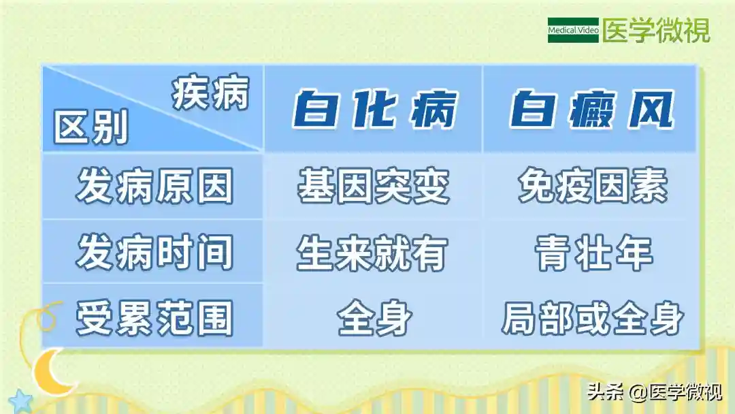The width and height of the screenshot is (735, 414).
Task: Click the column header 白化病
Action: coord(374,110)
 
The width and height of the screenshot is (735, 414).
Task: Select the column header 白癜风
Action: coord(591,110)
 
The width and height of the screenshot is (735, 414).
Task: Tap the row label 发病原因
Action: coord(154,186)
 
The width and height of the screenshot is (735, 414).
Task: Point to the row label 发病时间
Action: coord(154,253)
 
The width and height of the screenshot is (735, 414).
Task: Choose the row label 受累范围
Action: coord(154,319)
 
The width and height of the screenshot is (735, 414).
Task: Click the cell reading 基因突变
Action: coord(374,186)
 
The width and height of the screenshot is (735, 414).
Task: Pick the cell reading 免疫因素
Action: coord(593,186)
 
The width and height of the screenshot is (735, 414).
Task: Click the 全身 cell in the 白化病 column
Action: coord(374,319)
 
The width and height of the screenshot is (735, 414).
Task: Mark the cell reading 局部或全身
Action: coord(593,319)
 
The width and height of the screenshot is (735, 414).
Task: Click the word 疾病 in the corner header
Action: coord(210,93)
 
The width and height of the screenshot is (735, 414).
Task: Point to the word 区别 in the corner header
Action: coord(91,127)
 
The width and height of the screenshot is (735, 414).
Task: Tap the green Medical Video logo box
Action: coord(573,30)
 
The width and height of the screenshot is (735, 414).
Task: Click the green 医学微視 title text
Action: coord(656,31)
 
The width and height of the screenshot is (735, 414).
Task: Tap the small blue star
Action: coord(20,402)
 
